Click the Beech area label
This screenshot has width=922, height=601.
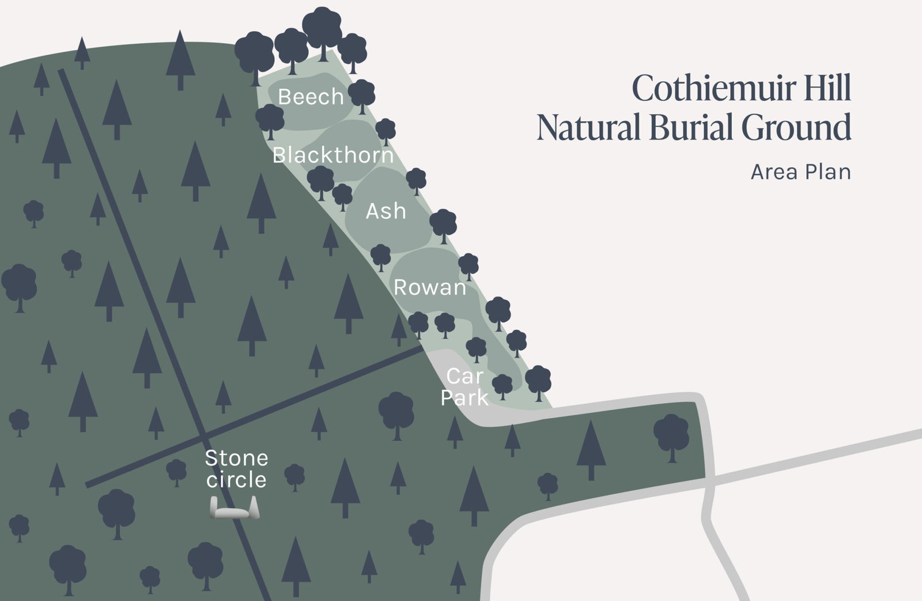click(311, 97)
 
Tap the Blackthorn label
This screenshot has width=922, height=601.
click(333, 155)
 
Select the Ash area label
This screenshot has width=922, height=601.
click(386, 212)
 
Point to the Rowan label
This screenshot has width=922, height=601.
click(429, 287)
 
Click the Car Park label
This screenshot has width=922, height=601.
click(464, 386)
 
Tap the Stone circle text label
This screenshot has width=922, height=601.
click(236, 469)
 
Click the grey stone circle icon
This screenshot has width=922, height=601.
click(235, 510)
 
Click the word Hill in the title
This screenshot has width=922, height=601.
click(825, 89)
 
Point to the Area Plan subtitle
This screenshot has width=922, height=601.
click(800, 172)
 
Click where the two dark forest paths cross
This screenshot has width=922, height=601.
click(203, 433)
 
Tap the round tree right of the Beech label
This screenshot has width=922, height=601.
click(362, 93)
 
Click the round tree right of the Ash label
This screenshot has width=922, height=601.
click(443, 223)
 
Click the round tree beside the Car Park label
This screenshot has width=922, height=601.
click(502, 385)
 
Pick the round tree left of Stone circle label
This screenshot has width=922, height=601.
click(176, 471)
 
